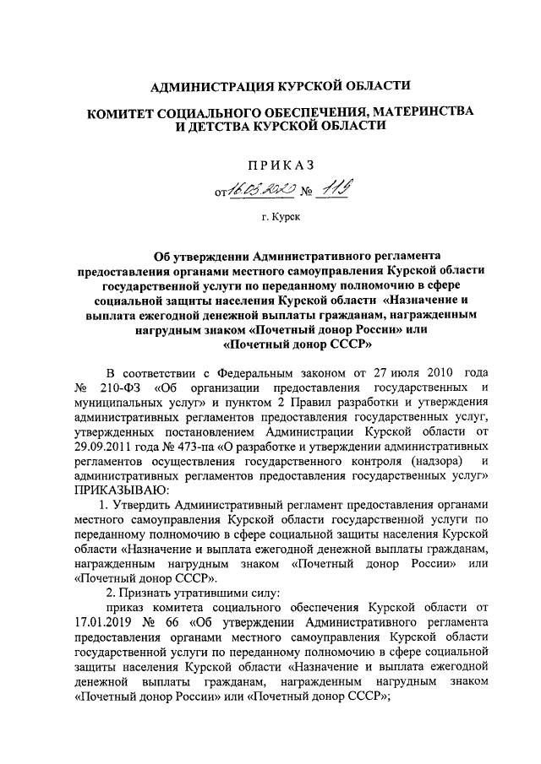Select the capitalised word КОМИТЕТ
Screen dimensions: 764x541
coord(129,113)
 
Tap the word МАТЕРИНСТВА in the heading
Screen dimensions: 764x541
coord(418,113)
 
